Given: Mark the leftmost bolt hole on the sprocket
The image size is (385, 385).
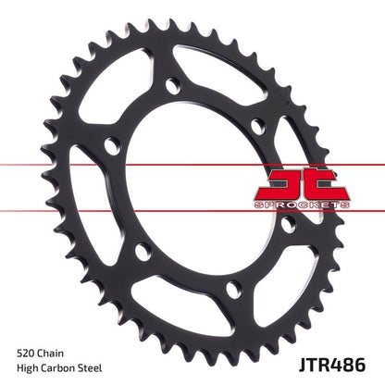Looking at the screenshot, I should click(111, 145).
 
